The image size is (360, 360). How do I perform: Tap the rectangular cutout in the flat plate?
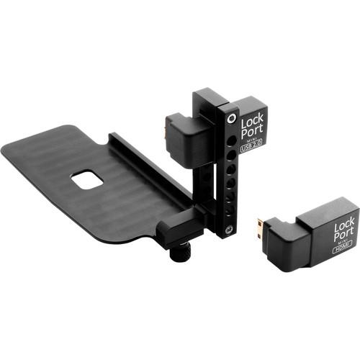pyautogui.click(x=87, y=179)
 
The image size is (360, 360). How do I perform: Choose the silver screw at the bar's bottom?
pyautogui.click(x=229, y=229)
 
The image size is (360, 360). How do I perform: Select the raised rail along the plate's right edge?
pyautogui.click(x=151, y=166)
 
